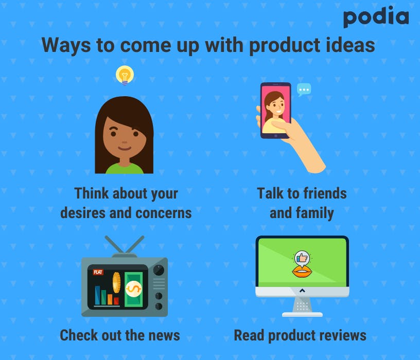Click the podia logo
376,16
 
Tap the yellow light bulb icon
125,75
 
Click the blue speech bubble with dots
304,89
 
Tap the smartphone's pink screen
276,110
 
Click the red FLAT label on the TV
98,272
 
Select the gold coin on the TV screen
116,283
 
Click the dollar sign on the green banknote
133,289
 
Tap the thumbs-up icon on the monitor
302,258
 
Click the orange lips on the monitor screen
302,273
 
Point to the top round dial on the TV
159,271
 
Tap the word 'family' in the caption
314,213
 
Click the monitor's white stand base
302,315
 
